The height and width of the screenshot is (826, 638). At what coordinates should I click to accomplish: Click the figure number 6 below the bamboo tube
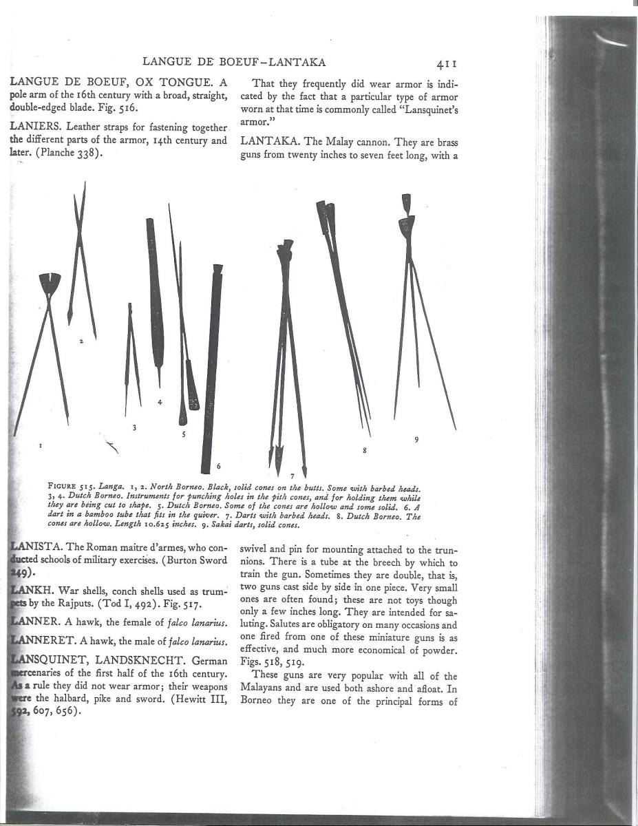point(218,466)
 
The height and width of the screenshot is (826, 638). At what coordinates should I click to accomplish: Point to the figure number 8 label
point(364,450)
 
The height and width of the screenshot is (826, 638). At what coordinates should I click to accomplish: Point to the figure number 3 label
point(134,427)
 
